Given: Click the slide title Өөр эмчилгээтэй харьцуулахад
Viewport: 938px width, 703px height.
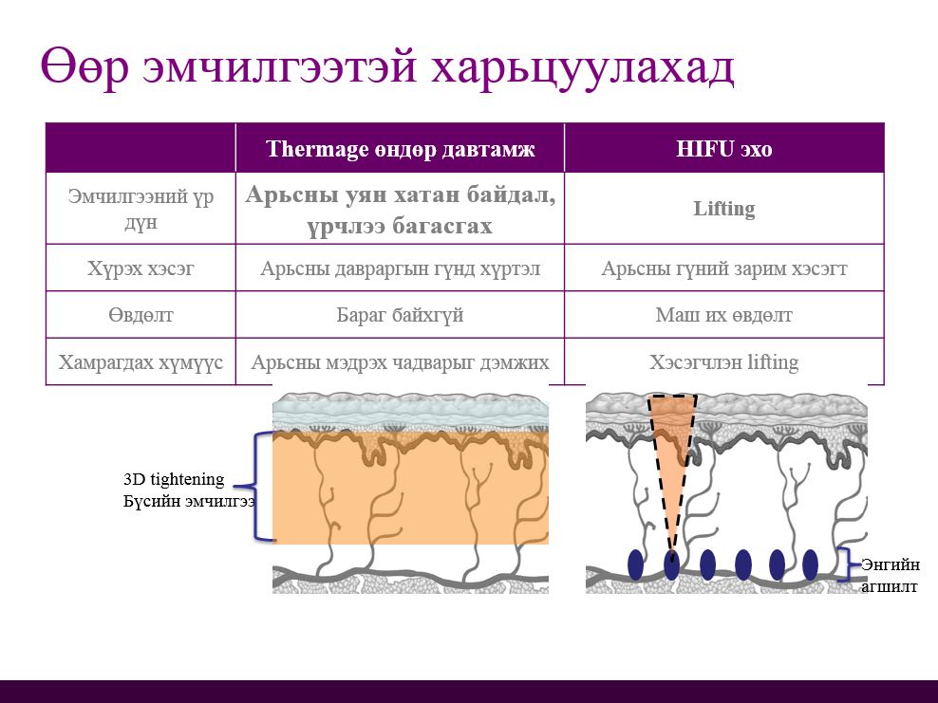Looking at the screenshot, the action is tap(387, 68).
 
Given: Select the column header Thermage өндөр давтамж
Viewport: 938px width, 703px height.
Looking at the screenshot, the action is tap(400, 149).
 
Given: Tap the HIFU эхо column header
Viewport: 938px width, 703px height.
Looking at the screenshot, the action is tap(723, 149).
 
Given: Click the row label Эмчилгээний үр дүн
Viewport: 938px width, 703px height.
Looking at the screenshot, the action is tap(141, 209).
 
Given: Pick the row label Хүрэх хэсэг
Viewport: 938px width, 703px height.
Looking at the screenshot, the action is tap(141, 268).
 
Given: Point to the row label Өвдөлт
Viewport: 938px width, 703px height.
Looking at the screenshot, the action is tap(141, 315).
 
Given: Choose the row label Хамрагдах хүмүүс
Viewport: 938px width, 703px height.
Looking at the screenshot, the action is tap(141, 362).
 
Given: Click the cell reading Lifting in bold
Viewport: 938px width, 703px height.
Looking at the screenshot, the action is tap(723, 209).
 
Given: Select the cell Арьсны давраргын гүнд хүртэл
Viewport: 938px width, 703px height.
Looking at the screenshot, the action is tap(400, 268).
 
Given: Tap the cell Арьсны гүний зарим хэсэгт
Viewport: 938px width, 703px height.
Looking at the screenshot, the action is tap(723, 268).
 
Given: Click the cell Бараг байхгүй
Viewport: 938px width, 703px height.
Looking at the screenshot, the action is tap(400, 315).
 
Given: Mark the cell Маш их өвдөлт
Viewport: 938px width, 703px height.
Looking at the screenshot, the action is tap(723, 315).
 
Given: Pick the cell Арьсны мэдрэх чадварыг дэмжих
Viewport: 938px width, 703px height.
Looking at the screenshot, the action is tap(400, 362).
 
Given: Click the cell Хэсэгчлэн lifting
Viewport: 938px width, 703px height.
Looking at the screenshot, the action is tap(723, 362).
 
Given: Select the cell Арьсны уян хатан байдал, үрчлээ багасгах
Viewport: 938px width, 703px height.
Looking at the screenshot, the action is tap(400, 209).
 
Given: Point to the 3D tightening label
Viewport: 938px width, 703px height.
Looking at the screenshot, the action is tap(174, 479).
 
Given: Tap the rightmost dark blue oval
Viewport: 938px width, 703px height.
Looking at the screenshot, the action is tap(810, 564).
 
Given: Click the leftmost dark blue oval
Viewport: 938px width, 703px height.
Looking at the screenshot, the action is tap(635, 564).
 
